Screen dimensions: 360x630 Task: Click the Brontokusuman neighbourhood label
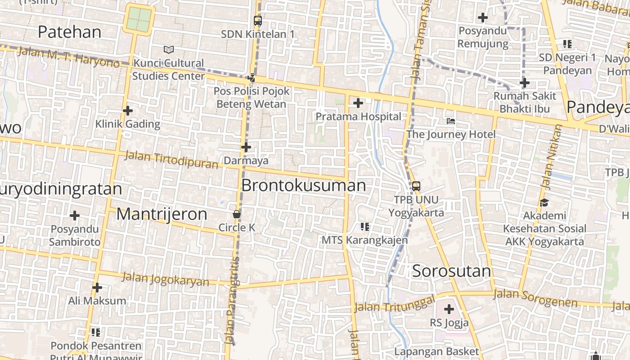[x=304, y=185]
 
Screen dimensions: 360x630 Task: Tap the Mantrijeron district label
[x=162, y=214]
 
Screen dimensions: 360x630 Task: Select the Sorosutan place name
[x=451, y=271]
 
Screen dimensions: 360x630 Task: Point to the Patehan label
[x=70, y=32]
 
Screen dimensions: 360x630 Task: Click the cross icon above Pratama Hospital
[x=358, y=103]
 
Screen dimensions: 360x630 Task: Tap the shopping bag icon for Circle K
[x=237, y=214]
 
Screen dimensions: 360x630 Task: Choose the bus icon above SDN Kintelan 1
[x=258, y=21]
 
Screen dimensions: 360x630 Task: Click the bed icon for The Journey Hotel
[x=451, y=121]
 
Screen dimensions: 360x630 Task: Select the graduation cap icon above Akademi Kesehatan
[x=544, y=202]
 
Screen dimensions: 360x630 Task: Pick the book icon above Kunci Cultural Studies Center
[x=169, y=49]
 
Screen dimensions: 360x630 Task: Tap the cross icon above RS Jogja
[x=449, y=310]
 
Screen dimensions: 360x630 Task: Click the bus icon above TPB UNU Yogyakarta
[x=416, y=186]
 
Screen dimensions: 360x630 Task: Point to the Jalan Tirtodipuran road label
[x=171, y=159]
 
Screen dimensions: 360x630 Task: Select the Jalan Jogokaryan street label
[x=166, y=279]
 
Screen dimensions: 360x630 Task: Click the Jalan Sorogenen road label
[x=535, y=298]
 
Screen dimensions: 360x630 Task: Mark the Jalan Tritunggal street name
[x=394, y=304]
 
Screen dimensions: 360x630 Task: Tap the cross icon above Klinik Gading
[x=128, y=111]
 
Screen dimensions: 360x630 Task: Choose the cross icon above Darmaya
[x=246, y=147]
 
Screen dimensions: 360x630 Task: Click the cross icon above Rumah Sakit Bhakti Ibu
[x=524, y=83]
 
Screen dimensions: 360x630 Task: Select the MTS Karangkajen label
[x=364, y=240]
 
